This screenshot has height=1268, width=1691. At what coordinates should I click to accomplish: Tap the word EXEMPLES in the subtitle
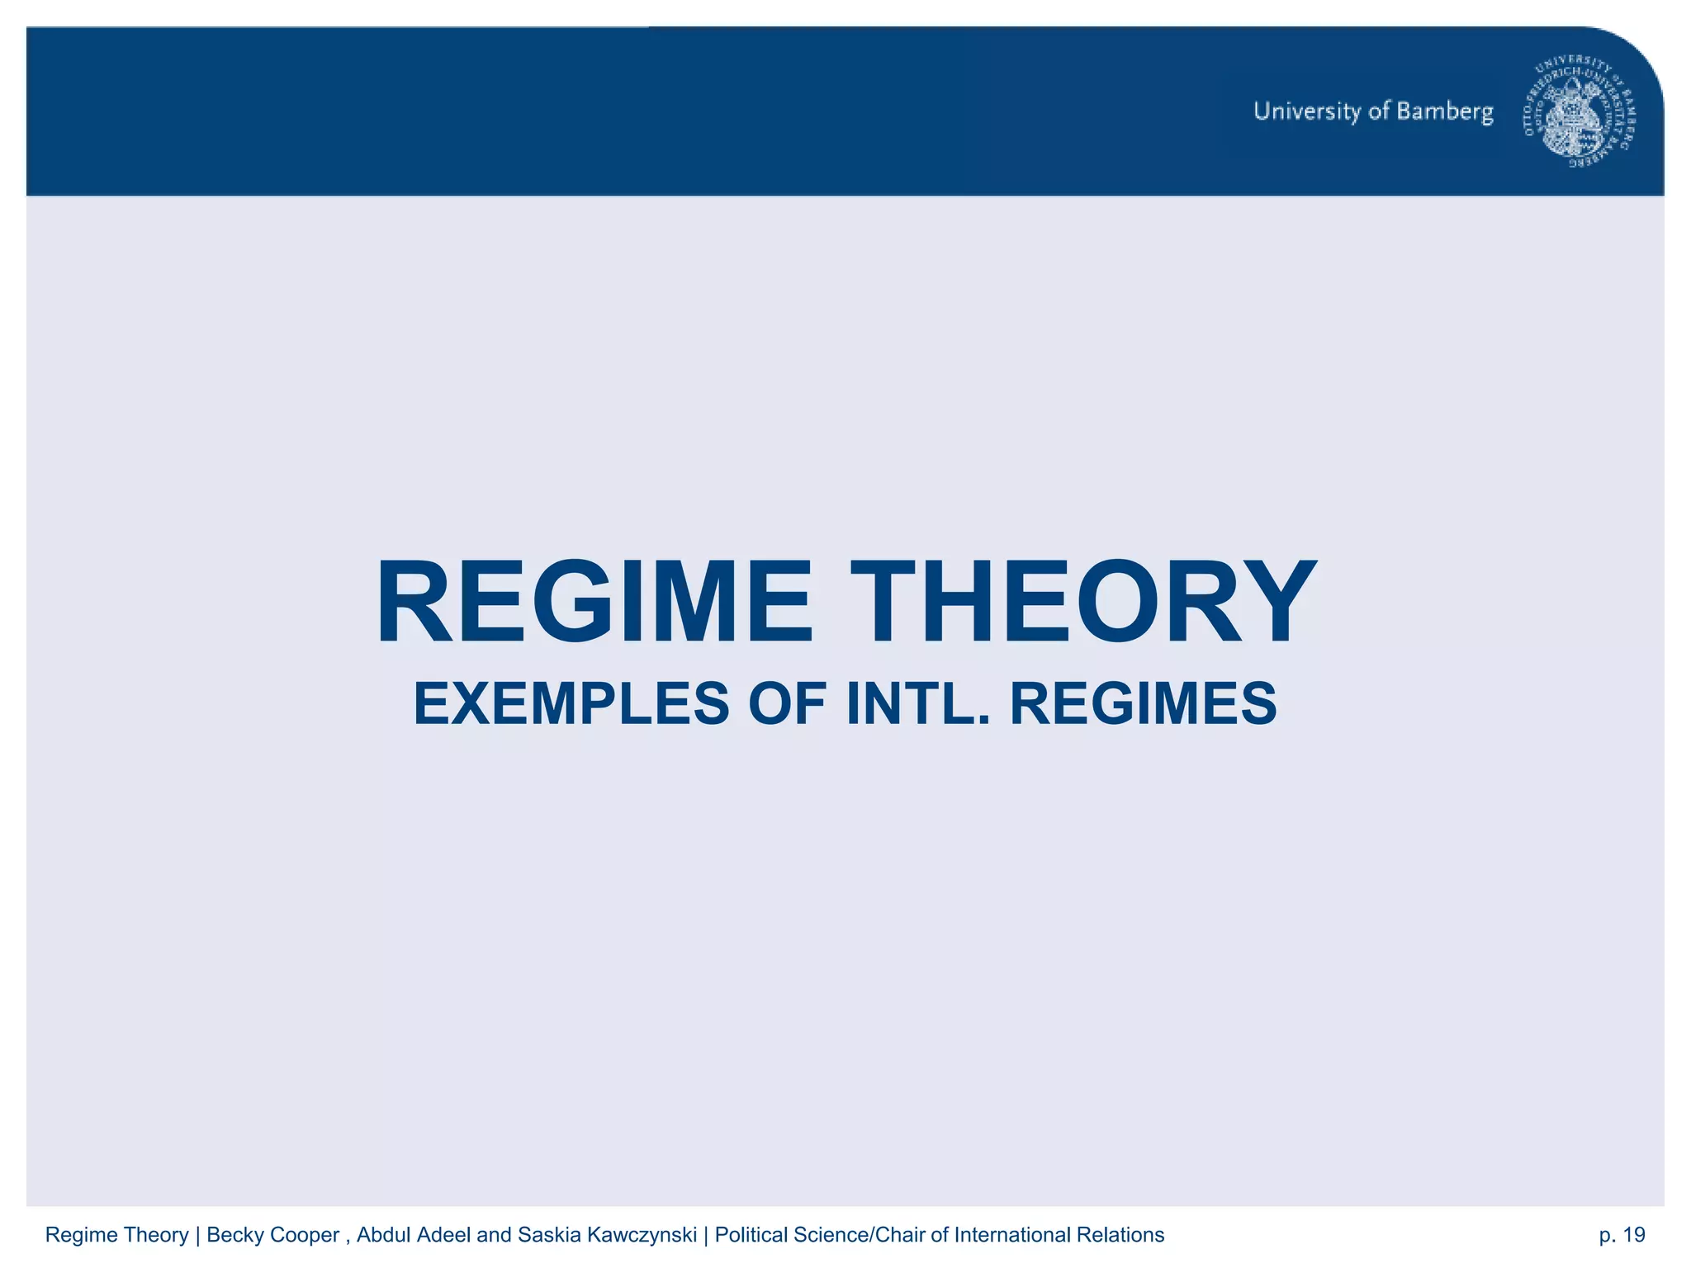pyautogui.click(x=571, y=704)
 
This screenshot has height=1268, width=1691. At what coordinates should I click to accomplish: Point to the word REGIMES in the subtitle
pyautogui.click(x=1144, y=704)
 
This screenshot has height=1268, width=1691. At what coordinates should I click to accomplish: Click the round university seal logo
pyautogui.click(x=1580, y=113)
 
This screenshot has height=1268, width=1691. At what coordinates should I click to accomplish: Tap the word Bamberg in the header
pyautogui.click(x=1445, y=111)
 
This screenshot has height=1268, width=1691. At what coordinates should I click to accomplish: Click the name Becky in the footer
pyautogui.click(x=235, y=1235)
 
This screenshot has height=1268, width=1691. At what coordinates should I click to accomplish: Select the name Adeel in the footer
pyautogui.click(x=444, y=1235)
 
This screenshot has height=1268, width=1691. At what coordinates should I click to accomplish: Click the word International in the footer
pyautogui.click(x=1012, y=1235)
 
